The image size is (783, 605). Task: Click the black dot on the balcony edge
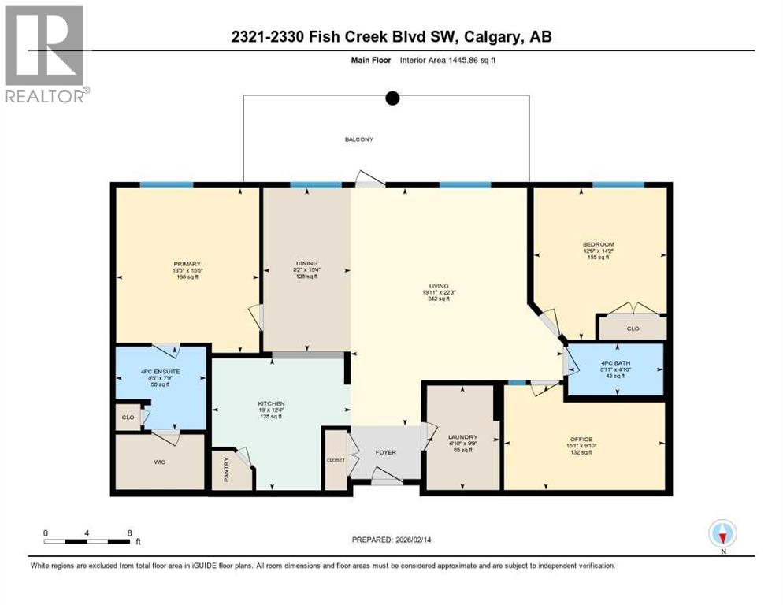coord(391,98)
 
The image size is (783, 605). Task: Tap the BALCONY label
coord(358,139)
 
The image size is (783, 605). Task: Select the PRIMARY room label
coord(187,264)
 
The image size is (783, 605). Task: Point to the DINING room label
coord(306,264)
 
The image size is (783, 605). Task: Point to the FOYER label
coord(385,452)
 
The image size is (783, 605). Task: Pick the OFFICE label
coord(582,439)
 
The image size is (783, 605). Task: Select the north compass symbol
coord(722,534)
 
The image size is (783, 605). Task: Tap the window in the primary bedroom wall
coord(166,185)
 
